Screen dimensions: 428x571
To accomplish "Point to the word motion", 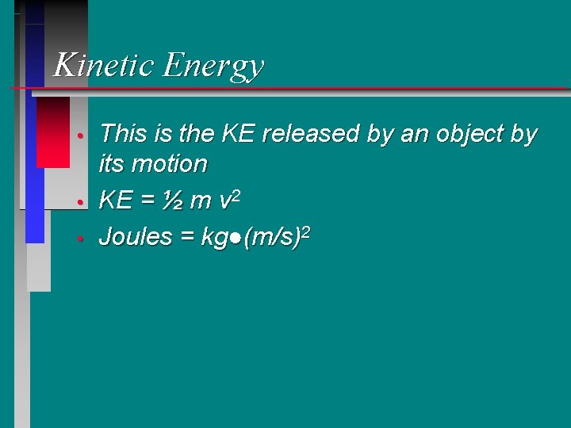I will point(171,165).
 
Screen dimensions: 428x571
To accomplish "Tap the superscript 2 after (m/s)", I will point(305,230).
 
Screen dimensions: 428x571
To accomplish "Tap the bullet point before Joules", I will point(81,238).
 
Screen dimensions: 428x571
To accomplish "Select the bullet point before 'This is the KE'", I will point(81,136).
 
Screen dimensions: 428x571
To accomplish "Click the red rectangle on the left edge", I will point(53,132).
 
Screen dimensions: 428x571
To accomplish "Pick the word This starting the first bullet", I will point(124,134).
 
